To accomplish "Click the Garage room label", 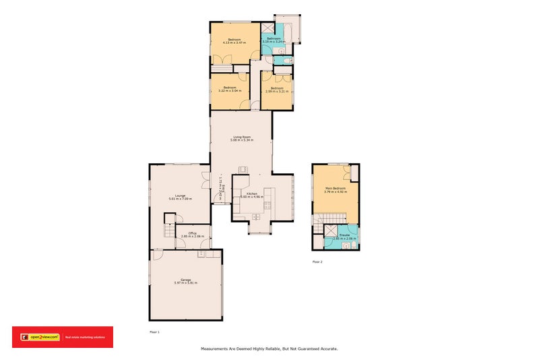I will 185,279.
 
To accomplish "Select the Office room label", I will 193,233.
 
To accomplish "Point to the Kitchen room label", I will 252,193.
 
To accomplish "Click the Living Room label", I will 241,137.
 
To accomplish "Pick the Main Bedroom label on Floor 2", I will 335,188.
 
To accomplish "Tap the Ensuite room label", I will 344,235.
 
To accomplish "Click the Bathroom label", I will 274,38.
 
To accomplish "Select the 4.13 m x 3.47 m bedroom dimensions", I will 234,43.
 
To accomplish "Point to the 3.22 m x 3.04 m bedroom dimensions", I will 230,91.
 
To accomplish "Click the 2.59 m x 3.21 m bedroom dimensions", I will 277,91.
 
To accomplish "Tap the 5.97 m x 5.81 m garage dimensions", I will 185,282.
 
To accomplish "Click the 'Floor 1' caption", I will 154,332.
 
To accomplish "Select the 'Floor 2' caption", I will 317,261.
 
